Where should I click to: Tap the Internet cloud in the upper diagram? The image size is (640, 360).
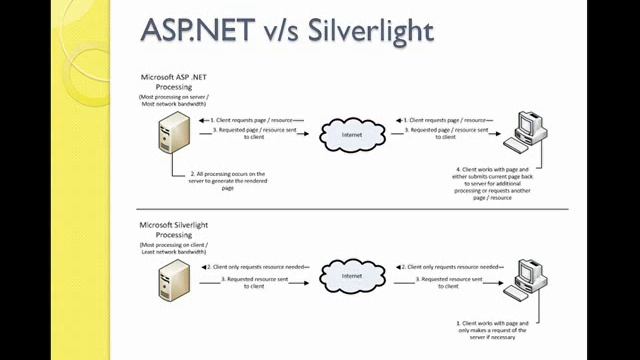tap(350, 134)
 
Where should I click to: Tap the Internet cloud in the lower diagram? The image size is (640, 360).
tap(351, 275)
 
